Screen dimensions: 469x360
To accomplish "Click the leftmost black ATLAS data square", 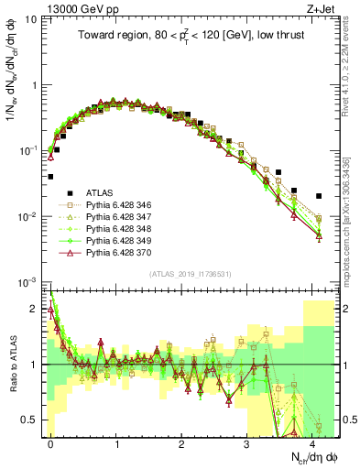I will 50,177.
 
